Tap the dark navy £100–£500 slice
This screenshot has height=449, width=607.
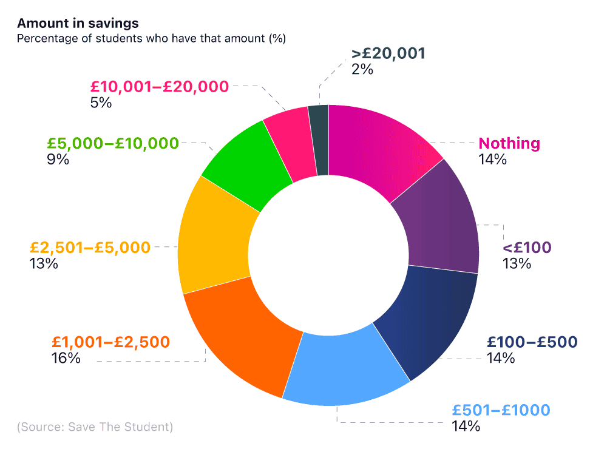425,322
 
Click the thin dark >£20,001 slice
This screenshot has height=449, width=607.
319,140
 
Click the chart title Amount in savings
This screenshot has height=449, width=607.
78,24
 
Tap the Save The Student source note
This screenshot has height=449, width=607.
95,427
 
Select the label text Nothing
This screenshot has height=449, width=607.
509,144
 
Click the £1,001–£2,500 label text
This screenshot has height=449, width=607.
110,342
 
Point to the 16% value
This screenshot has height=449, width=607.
66,358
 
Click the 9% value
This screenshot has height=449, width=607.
58,160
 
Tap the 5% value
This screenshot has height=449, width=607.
100,102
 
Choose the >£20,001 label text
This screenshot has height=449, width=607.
388,53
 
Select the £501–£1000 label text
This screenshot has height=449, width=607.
501,410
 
